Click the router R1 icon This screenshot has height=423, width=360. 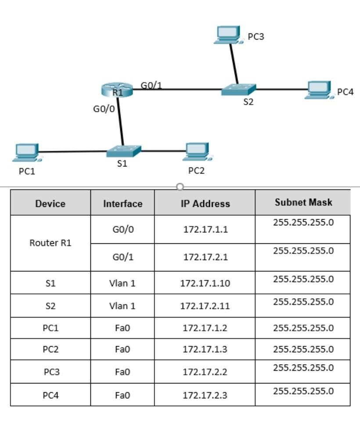point(116,90)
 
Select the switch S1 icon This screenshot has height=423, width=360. point(123,151)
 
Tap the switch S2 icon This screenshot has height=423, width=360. point(238,90)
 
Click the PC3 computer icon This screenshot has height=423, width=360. point(228,35)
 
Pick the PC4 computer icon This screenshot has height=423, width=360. point(319,90)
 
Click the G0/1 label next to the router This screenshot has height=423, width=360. point(151,85)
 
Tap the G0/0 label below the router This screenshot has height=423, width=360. point(104,109)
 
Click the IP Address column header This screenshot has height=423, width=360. point(205,203)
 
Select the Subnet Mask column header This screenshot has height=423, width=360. point(303,202)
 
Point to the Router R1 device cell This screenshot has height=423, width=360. point(50,243)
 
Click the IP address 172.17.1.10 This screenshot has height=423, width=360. point(205,283)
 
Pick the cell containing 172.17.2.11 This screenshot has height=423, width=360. point(205,306)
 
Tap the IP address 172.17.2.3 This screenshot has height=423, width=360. point(205,395)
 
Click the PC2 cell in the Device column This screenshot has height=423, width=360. point(50,350)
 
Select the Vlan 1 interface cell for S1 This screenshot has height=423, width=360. point(122,283)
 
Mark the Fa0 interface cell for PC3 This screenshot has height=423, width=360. point(122,372)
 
